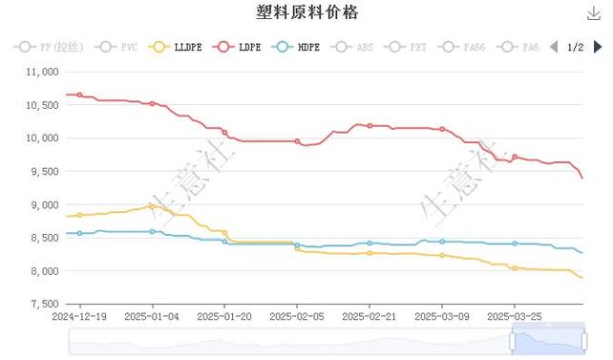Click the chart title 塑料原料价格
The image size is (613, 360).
coord(307,13)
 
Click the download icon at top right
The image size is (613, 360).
coord(593,13)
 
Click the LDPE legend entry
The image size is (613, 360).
coord(239,47)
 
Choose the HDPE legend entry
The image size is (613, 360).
coord(297,47)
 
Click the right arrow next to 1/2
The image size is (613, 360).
coord(599,47)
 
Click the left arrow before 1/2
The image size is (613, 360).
coord(554,47)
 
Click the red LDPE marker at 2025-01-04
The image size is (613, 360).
coord(153,103)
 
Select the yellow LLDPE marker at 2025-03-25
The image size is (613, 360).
coord(515,268)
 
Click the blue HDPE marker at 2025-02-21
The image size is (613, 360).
coord(370,244)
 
